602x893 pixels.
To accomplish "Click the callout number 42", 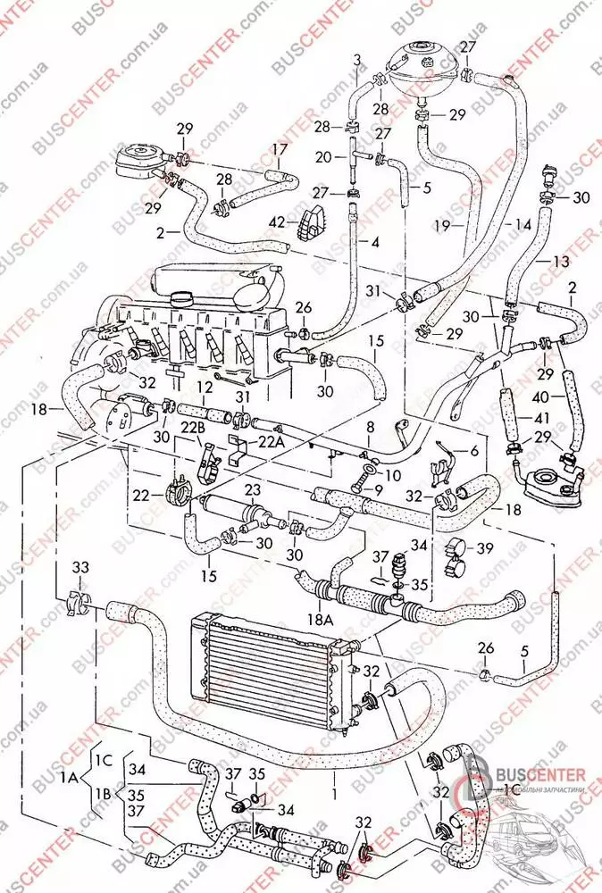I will pos(278,222).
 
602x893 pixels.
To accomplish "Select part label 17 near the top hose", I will pos(280,149).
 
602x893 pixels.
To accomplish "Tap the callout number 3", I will pos(357,60).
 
